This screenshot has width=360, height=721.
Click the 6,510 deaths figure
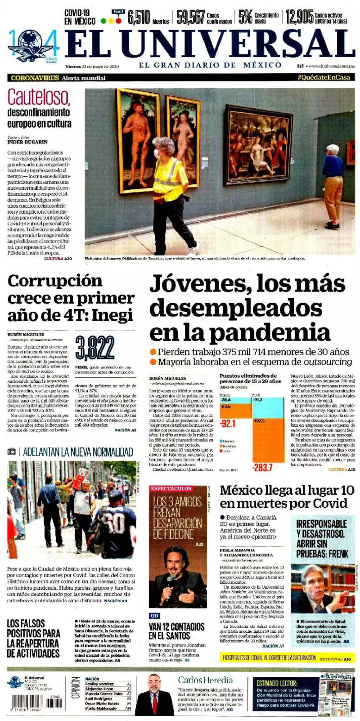coord(138,17)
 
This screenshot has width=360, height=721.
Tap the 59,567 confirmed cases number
coord(191,17)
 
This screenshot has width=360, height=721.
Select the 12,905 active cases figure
coord(299,17)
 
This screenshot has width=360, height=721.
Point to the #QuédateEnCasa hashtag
coord(323,77)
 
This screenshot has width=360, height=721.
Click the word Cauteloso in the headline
coord(39,97)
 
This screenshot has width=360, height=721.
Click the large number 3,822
coord(95,348)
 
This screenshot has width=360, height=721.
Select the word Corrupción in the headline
coord(55,281)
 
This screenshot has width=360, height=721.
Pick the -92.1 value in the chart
coord(228,423)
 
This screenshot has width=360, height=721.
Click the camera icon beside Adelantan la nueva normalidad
coord(12,451)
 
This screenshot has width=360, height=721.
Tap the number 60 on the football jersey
coord(115,524)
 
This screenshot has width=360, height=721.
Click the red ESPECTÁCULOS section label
coord(171,488)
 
